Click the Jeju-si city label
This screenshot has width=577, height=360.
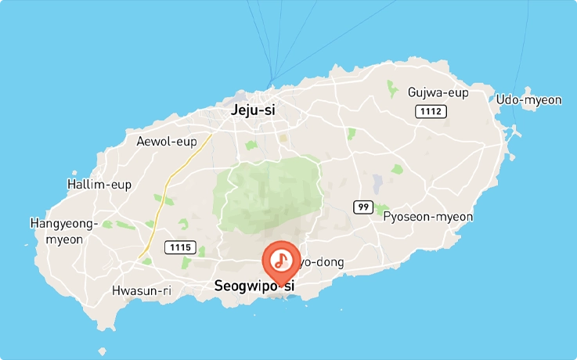[253, 110]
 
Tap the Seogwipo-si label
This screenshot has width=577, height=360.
[254, 287]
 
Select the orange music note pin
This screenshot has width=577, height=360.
[279, 261]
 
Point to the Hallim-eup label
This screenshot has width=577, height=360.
[99, 185]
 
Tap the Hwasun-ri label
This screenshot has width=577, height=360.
[141, 290]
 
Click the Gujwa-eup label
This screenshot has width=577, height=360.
[438, 92]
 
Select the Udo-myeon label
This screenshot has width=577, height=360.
[528, 99]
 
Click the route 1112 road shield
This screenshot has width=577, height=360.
[431, 112]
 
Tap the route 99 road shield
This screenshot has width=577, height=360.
[362, 207]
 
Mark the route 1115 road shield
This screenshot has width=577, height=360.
[179, 247]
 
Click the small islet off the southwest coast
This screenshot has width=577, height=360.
[102, 351]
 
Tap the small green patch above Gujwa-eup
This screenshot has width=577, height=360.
[392, 88]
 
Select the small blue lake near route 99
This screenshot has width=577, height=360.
[377, 183]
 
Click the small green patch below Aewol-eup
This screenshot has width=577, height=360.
[251, 146]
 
